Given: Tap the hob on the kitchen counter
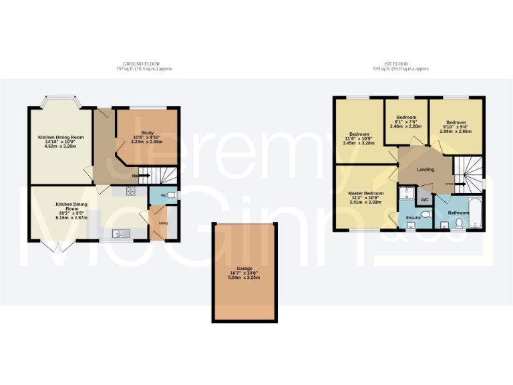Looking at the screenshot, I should point(131,192).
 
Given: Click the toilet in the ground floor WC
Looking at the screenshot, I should point(172,195).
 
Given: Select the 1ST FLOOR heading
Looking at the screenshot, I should point(400,64).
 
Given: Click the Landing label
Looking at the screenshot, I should point(425,170).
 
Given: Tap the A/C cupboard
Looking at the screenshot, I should point(424,199).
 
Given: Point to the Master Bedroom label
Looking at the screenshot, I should point(365,192).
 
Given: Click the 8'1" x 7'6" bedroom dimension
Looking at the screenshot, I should point(406,122).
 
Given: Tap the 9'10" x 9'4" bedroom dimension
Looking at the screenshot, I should point(456,128).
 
